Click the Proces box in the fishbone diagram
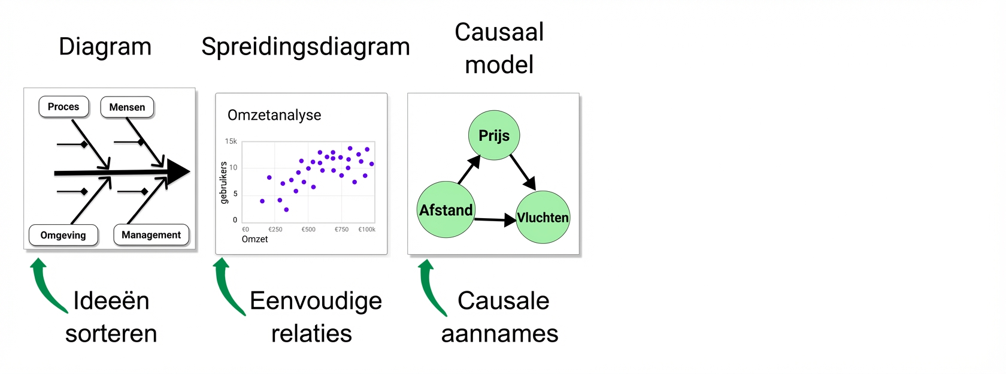coord(63,107)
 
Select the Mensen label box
coord(127,107)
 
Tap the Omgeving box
coord(63,235)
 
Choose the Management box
coord(151,235)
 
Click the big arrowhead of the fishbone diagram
coord(178,171)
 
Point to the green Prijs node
coord(494,135)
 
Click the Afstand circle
coord(446,210)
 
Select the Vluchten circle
coord(543,217)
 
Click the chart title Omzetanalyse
coord(274,115)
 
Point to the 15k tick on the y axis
coord(231,141)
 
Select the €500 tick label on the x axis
coord(308,229)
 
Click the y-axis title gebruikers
coord(224,183)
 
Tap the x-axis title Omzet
coord(254,239)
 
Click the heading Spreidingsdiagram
coord(306,47)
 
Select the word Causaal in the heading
coord(499,32)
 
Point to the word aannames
coord(499,334)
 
